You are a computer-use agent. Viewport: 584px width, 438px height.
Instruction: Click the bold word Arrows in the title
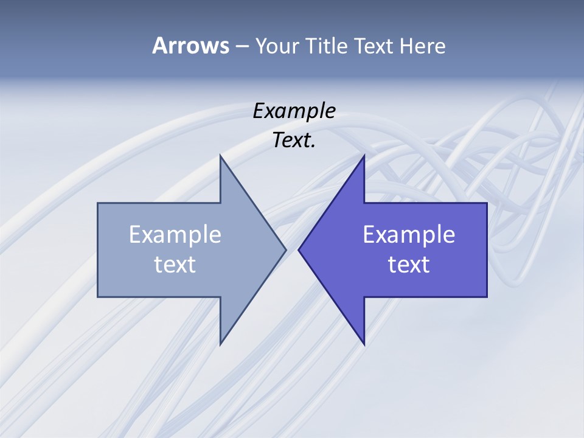[190, 46]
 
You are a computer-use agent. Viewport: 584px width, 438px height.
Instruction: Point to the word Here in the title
[423, 46]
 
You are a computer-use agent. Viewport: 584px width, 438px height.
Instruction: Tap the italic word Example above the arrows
[294, 111]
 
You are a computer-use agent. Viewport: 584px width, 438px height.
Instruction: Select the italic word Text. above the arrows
[294, 141]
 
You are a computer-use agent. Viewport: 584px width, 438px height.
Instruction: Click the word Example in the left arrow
[175, 235]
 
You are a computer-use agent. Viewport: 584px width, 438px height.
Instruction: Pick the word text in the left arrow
[175, 265]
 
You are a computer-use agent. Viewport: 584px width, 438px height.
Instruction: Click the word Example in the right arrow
[409, 235]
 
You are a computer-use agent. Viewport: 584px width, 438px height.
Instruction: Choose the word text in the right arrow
[409, 265]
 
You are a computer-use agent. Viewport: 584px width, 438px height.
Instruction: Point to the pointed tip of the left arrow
[285, 249]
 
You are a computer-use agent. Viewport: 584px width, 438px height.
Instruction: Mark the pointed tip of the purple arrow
[299, 249]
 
